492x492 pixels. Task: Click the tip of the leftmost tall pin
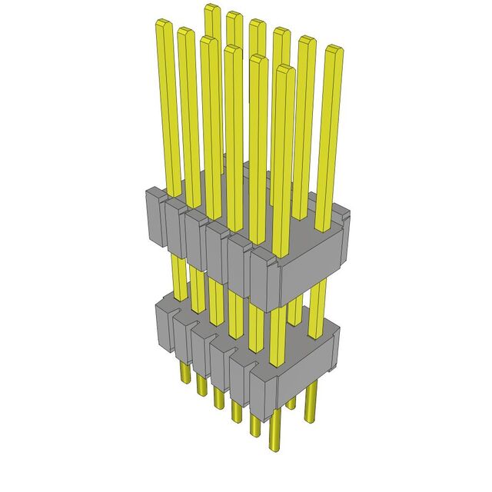164,25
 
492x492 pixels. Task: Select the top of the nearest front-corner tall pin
285,71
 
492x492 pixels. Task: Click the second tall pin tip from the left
185,32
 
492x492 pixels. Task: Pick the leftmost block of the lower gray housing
166,327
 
